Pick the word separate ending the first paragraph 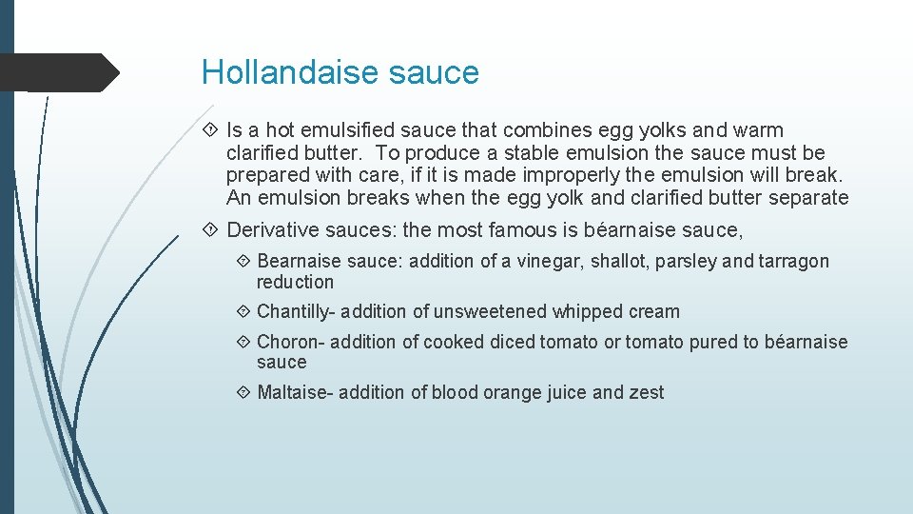click(806, 198)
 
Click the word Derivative click(271, 229)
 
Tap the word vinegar click(550, 261)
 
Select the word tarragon click(793, 261)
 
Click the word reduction click(295, 282)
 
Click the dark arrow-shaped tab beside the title click(59, 72)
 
